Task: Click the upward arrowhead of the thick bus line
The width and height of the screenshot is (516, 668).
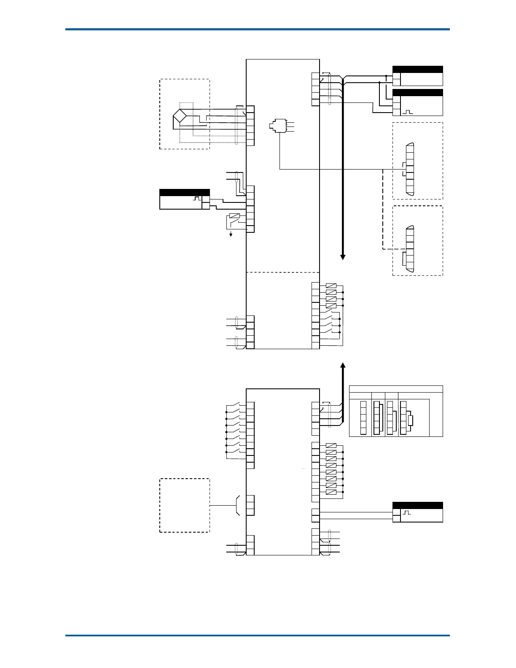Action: pyautogui.click(x=343, y=365)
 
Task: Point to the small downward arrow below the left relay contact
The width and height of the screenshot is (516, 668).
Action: pyautogui.click(x=231, y=234)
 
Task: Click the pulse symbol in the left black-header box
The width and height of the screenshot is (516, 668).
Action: pyautogui.click(x=196, y=198)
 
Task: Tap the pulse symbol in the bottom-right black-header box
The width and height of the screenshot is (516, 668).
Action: pyautogui.click(x=407, y=513)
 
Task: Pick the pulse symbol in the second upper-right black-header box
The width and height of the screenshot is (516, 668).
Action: pyautogui.click(x=408, y=112)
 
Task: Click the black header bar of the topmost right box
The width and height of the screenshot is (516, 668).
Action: pyautogui.click(x=417, y=70)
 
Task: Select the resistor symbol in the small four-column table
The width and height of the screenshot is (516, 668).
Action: pyautogui.click(x=411, y=420)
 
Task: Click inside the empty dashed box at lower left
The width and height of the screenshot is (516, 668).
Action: pyautogui.click(x=185, y=505)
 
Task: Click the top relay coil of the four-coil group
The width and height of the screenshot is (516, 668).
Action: pyautogui.click(x=331, y=286)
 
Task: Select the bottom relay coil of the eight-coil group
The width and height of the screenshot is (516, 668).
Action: pyautogui.click(x=331, y=492)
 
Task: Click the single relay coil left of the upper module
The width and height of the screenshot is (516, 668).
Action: pyautogui.click(x=234, y=216)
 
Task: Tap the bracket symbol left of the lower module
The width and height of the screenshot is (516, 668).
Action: pyautogui.click(x=237, y=505)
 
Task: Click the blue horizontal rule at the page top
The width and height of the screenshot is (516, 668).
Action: pyautogui.click(x=257, y=30)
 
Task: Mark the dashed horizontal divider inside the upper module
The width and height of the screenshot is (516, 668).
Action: pyautogui.click(x=282, y=272)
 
